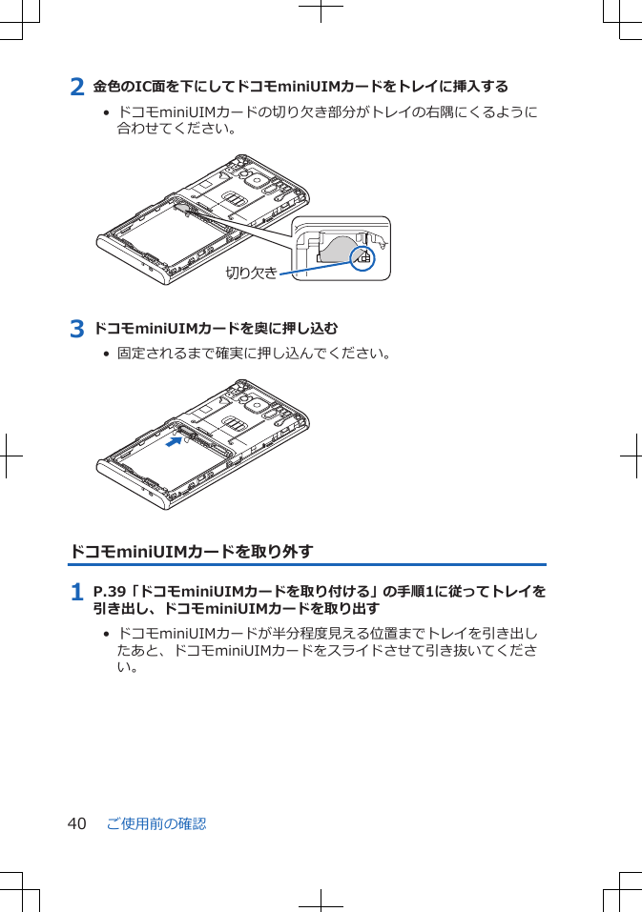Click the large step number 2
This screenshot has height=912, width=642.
[x=77, y=87]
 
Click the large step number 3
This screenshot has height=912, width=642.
[x=77, y=330]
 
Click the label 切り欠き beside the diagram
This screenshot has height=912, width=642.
[x=251, y=274]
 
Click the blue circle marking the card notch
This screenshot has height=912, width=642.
[x=362, y=257]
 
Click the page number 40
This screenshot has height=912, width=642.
[x=77, y=823]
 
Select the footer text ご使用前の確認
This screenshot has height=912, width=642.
[x=156, y=823]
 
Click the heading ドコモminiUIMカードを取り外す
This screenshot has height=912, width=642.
[x=191, y=552]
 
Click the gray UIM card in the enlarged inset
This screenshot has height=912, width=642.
[x=333, y=249]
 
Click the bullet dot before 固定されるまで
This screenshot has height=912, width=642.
[x=106, y=355]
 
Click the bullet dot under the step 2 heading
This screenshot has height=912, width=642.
[x=106, y=112]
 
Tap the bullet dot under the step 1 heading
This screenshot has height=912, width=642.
[x=106, y=634]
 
